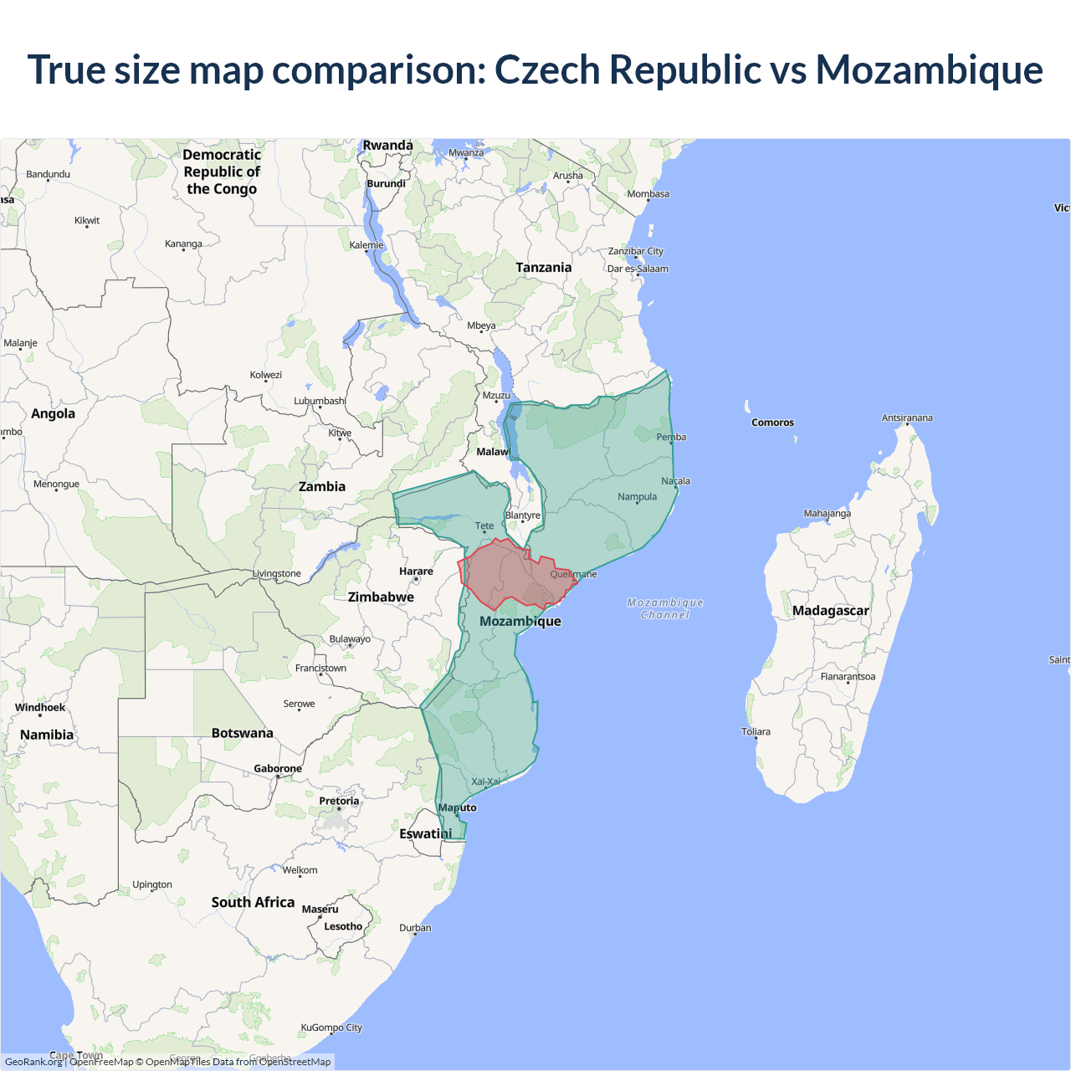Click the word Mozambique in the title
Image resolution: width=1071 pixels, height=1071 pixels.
point(929,70)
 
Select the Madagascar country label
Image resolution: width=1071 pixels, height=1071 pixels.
point(830,611)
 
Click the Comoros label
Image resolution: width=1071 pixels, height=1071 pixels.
point(772,423)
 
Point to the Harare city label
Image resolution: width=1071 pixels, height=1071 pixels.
point(416,571)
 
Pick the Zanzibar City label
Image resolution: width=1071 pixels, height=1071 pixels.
point(635,251)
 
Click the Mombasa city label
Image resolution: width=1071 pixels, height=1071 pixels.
point(648,194)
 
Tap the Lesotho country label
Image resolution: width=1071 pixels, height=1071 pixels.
point(343,926)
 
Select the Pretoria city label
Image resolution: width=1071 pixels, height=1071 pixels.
point(339,801)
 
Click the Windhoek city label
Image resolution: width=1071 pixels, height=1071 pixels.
point(40,707)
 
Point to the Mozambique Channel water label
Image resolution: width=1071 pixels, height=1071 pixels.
point(665,608)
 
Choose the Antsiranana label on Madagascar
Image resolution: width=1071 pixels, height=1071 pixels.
point(907,418)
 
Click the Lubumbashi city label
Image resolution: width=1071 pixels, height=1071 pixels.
point(320,401)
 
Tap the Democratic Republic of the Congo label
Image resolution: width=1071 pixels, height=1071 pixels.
point(222,172)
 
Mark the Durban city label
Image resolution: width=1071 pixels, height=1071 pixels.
point(415,928)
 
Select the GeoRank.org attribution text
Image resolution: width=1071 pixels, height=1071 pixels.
point(33,1062)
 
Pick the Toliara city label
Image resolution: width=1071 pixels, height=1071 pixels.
point(756,731)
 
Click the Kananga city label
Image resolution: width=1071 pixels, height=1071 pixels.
point(183,244)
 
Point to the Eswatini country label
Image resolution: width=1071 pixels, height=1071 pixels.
point(425,833)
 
